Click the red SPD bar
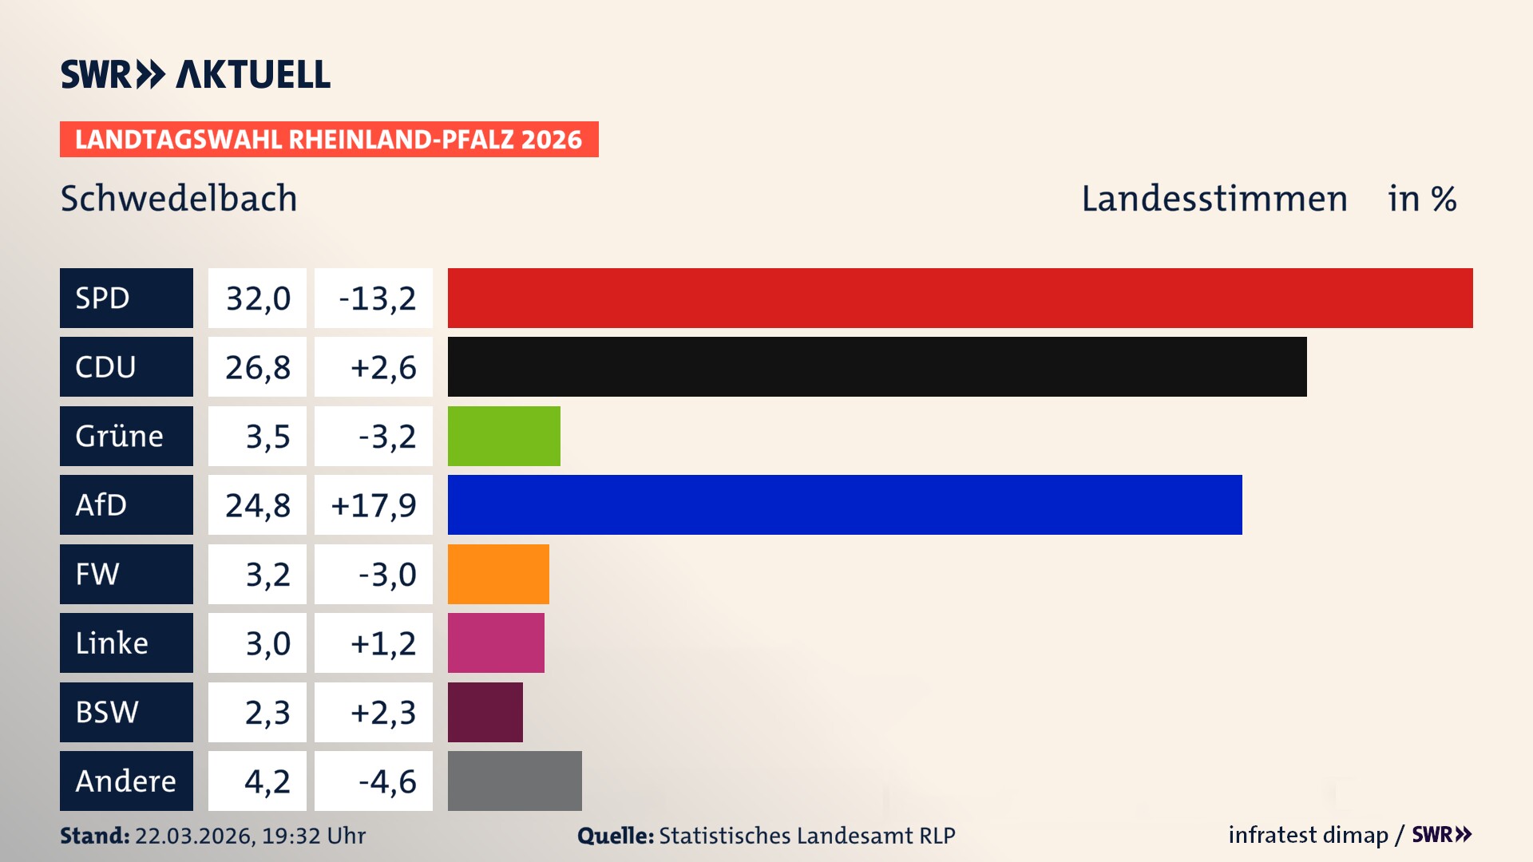coord(960,298)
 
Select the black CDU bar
coord(877,366)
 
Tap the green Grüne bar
coord(504,436)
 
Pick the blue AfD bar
coord(845,504)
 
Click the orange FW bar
coord(498,574)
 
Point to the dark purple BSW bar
coord(485,712)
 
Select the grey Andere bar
coord(514,781)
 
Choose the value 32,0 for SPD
coord(257,298)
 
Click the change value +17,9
coord(373,504)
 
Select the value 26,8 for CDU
coord(257,366)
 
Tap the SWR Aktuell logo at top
coord(195,74)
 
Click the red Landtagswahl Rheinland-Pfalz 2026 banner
coord(328,139)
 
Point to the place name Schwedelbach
coord(179,198)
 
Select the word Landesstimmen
coord(1214,198)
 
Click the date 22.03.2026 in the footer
coord(194,836)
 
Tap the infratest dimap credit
coord(1308,835)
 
